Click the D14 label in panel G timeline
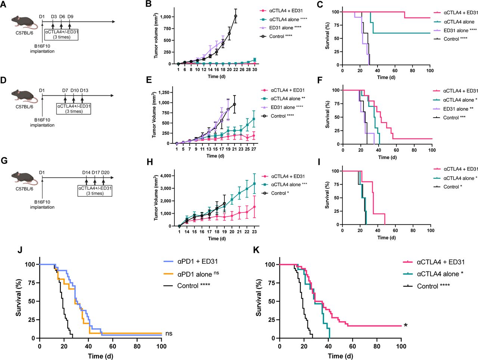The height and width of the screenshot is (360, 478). tap(86, 173)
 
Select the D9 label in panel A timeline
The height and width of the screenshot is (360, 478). tap(70, 17)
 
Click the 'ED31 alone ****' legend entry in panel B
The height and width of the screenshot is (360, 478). tap(285, 28)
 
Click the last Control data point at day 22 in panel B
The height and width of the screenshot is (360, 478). tap(235, 16)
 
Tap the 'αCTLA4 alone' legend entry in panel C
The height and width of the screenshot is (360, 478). tap(459, 22)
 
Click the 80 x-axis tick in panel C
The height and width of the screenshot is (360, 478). tap(413, 70)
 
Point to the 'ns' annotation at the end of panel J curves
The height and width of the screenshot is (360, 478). tap(169, 333)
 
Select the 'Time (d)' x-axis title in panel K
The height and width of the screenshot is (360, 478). tap(340, 356)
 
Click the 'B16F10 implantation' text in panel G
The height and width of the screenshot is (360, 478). tap(42, 205)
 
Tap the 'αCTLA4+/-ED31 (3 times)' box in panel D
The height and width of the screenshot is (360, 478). tap(74, 109)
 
